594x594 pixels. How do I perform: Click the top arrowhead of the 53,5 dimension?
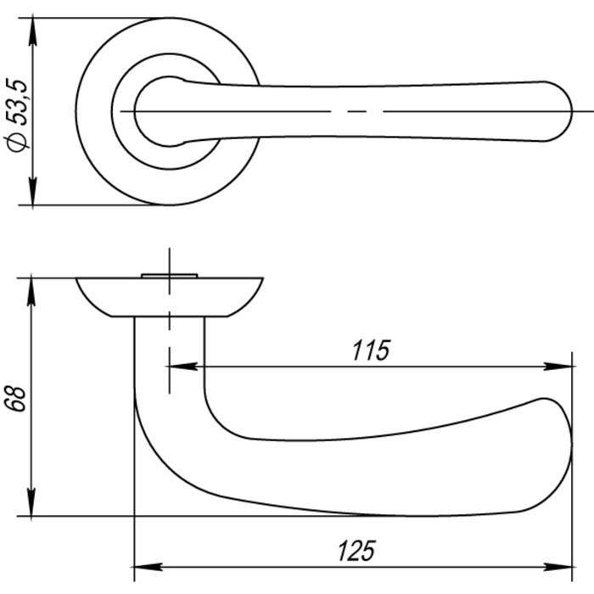(x=33, y=27)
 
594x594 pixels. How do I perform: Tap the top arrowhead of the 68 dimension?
(x=33, y=288)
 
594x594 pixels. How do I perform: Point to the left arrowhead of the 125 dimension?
(x=147, y=567)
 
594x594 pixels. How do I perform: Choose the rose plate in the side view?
(x=170, y=296)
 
